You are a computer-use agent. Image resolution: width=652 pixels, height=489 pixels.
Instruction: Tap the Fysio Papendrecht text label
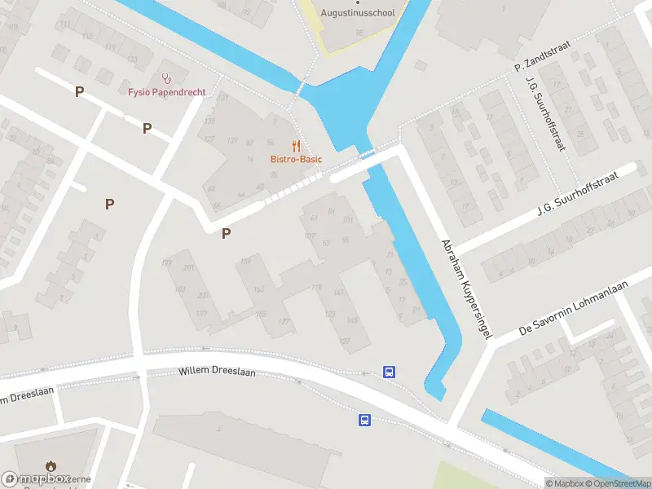click(166, 91)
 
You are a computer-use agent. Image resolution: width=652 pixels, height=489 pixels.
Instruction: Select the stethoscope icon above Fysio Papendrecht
click(167, 78)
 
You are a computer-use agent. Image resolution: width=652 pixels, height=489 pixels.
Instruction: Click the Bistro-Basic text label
click(297, 159)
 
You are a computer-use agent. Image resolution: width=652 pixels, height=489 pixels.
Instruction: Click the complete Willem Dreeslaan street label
click(217, 372)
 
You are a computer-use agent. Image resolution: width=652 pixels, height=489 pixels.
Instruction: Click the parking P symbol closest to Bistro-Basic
click(227, 234)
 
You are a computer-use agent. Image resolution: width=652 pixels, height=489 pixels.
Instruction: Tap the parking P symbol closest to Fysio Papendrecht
click(148, 128)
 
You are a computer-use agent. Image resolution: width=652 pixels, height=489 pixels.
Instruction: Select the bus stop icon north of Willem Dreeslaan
click(390, 372)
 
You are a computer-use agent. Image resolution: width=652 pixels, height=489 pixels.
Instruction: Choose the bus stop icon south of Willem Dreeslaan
click(364, 420)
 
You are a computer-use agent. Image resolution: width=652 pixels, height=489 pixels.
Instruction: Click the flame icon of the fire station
click(51, 466)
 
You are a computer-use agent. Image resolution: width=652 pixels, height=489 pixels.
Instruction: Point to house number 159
click(246, 261)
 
